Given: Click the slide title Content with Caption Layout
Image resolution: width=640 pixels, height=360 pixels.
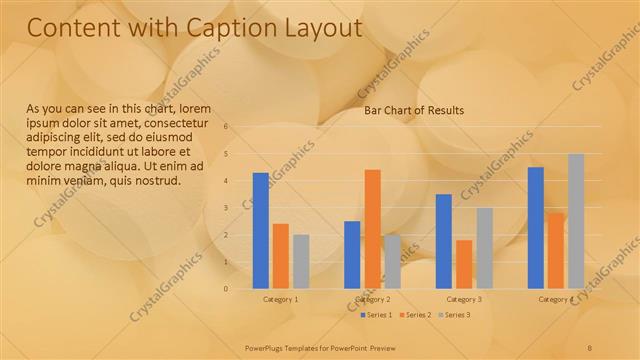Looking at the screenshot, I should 194,29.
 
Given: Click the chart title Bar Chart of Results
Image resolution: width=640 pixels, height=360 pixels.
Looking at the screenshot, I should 414,110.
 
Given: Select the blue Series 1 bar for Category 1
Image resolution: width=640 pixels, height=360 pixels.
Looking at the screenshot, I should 261,230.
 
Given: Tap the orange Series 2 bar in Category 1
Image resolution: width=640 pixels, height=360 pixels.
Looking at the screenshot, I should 281,256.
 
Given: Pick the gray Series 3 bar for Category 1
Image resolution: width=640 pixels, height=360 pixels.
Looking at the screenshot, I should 301,262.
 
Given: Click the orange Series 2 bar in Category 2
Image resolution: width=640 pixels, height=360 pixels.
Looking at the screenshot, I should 372,229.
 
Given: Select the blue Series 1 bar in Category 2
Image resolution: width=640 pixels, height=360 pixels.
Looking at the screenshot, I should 352,255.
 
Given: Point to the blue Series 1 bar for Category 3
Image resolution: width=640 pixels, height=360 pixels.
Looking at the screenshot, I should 444,241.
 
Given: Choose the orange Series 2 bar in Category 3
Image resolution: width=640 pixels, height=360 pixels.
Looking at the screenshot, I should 464,264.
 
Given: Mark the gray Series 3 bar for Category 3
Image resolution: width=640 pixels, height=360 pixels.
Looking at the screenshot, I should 484,248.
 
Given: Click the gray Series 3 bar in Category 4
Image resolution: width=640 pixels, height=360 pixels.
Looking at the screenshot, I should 576,221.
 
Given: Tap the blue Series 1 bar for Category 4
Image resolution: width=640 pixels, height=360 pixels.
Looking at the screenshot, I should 536,228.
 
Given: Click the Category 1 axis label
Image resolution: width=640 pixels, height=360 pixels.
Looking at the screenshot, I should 281,299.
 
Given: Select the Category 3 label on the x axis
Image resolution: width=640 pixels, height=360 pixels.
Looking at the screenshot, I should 464,299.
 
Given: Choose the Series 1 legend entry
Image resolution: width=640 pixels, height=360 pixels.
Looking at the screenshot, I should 376,315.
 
